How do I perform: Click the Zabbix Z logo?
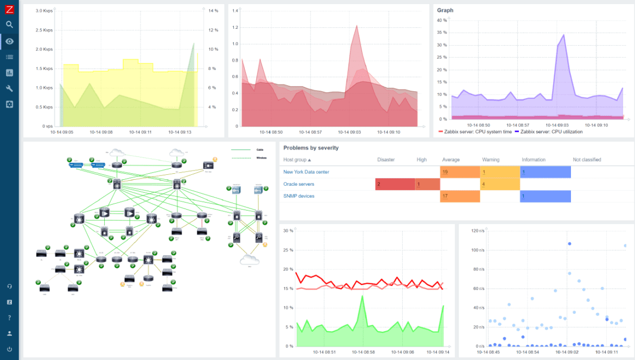click(9, 9)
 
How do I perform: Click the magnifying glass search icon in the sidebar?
click(9, 24)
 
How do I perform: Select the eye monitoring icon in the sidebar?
click(9, 41)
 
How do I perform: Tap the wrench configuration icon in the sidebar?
click(9, 89)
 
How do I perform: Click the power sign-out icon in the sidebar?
click(9, 349)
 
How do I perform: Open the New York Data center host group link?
click(306, 172)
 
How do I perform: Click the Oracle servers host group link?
click(299, 184)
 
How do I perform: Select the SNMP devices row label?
click(299, 196)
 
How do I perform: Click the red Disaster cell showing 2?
click(395, 184)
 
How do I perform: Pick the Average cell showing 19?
click(459, 172)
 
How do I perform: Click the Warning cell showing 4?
click(499, 184)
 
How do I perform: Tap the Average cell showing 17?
click(459, 196)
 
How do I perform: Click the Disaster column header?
click(386, 160)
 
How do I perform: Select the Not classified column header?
click(587, 160)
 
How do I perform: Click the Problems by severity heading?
click(311, 148)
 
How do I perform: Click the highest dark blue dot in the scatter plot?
click(569, 244)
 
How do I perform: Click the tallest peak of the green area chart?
click(362, 296)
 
